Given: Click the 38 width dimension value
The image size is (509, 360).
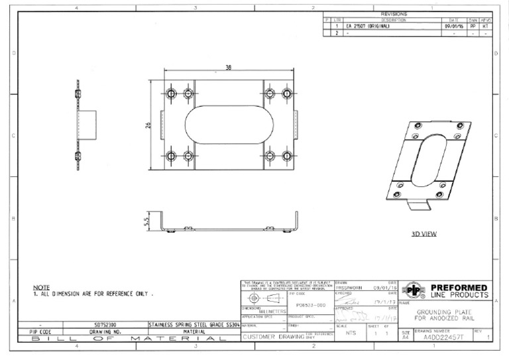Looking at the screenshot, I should (x=228, y=68).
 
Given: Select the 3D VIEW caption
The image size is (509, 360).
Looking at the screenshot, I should (x=424, y=234).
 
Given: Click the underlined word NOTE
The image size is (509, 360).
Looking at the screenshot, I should (x=41, y=287).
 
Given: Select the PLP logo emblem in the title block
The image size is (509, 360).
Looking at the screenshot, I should (x=414, y=290).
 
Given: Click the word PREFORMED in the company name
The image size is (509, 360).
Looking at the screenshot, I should (x=459, y=287).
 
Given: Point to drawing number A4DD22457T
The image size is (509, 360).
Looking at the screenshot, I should (x=444, y=337).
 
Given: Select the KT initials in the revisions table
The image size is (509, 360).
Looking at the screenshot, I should (x=485, y=26).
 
